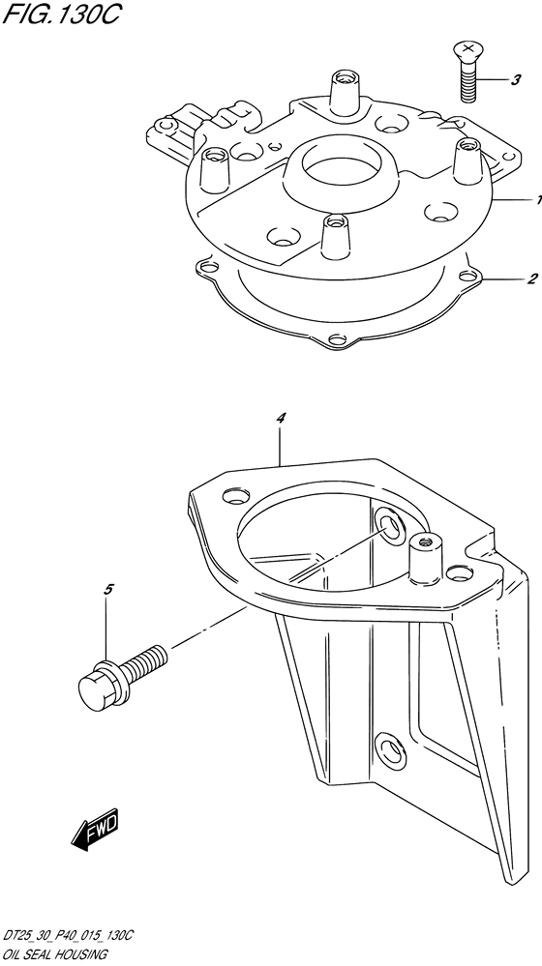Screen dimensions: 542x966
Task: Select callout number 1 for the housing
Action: coord(538,199)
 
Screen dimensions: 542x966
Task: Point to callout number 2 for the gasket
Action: coord(532,278)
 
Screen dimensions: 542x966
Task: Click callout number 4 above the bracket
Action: coord(281,419)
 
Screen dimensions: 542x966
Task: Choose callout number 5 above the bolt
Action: coord(107,590)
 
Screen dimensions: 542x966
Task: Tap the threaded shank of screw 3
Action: coord(469,81)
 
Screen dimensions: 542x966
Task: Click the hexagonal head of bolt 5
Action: coord(99,682)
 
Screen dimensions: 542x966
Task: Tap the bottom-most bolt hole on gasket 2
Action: coord(336,339)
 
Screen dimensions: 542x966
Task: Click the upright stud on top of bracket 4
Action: coord(422,558)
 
